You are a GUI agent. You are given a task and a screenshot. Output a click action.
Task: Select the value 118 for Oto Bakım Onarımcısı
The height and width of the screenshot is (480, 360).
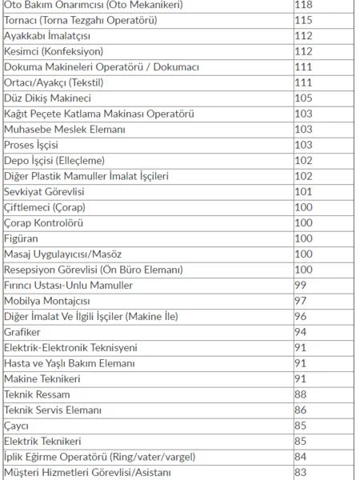coord(304,5)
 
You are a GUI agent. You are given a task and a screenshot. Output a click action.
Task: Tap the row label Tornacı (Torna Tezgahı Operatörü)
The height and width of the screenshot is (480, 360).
coord(89,20)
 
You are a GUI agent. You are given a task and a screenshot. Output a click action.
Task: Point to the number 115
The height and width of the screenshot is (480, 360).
coord(303,20)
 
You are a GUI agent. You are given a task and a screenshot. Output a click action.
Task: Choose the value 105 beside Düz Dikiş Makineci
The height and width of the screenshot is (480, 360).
coord(303,98)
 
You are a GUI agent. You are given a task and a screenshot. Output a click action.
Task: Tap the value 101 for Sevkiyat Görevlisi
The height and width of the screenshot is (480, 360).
coord(303,191)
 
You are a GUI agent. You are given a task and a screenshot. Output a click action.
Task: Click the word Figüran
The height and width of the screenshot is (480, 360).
coord(22,238)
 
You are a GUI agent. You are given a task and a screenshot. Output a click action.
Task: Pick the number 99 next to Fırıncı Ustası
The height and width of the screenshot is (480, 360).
coord(301,285)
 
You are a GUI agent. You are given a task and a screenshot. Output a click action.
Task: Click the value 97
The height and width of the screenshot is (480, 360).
coord(301,301)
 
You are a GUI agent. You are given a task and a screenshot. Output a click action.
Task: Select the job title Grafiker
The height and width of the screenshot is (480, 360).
coord(22,332)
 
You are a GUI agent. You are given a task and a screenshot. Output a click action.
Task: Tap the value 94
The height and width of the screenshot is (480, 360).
coord(301,332)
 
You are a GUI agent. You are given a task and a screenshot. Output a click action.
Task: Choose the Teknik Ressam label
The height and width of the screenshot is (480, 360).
coord(37,394)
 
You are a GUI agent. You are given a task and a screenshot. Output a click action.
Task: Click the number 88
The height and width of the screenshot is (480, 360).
coord(301,394)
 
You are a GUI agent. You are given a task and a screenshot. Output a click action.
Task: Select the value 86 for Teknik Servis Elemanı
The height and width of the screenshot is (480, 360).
coord(301,410)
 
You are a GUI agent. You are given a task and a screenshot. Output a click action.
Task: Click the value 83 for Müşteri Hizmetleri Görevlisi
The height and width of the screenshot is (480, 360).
coord(301,472)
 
